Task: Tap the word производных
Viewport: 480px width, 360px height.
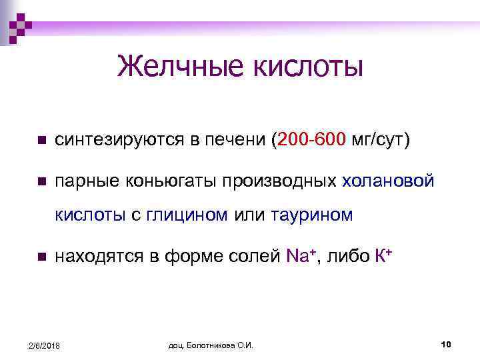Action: pyautogui.click(x=279, y=181)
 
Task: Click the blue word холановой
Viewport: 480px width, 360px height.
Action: pyautogui.click(x=388, y=181)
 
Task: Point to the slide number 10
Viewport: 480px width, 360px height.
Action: pyautogui.click(x=447, y=343)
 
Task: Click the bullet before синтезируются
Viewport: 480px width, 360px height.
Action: pyautogui.click(x=41, y=141)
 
